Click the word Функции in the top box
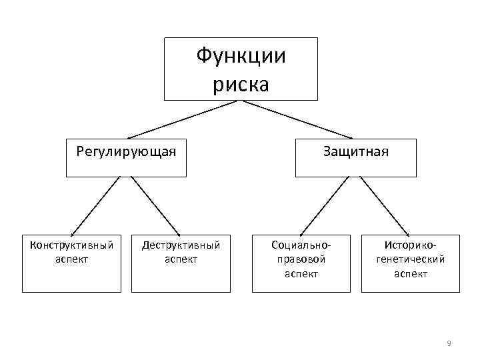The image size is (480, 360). click(x=241, y=56)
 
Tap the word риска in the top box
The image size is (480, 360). click(x=241, y=85)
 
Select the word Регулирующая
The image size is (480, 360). click(x=126, y=151)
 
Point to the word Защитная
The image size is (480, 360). click(x=356, y=151)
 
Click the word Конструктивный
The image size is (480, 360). click(x=72, y=245)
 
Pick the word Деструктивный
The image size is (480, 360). click(x=181, y=245)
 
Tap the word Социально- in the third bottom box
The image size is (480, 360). click(x=301, y=245)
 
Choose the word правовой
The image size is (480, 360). click(x=301, y=259)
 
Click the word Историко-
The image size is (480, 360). click(x=410, y=245)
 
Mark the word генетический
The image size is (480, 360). click(x=410, y=259)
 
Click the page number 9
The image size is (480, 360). click(x=449, y=343)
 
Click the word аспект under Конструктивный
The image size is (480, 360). click(x=72, y=259)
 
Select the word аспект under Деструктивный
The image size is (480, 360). click(x=181, y=259)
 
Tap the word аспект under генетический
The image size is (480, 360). click(x=410, y=274)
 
